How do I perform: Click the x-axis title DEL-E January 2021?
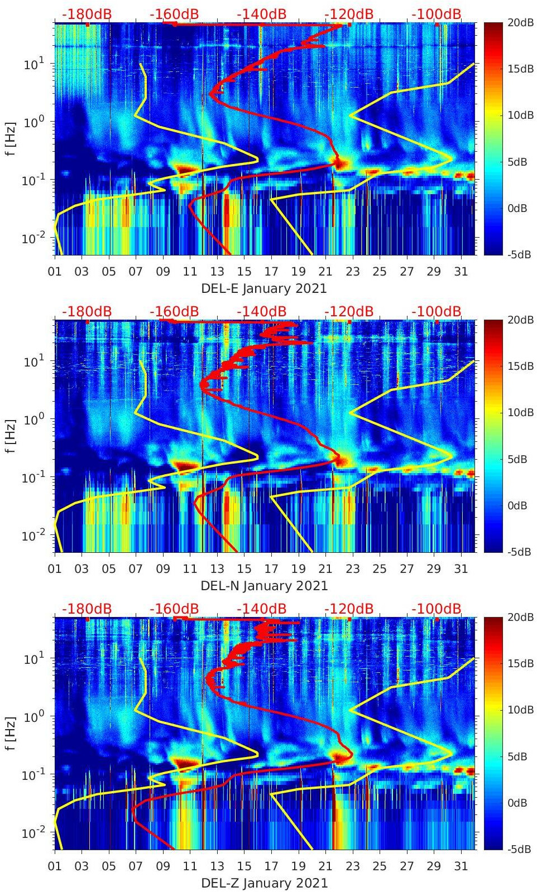tap(263, 288)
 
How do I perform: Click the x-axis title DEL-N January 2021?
tap(263, 586)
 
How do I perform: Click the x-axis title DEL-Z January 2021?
tap(263, 883)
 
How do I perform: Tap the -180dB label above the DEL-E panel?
tap(87, 14)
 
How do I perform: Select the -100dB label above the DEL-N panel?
tap(437, 311)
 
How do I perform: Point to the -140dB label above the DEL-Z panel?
tap(261, 609)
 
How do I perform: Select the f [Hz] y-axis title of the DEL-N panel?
tap(9, 436)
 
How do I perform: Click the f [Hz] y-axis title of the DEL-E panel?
tap(9, 138)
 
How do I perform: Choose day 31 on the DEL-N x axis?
tap(461, 569)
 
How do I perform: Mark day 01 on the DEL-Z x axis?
tap(55, 866)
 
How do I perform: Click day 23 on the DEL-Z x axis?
tap(352, 866)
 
